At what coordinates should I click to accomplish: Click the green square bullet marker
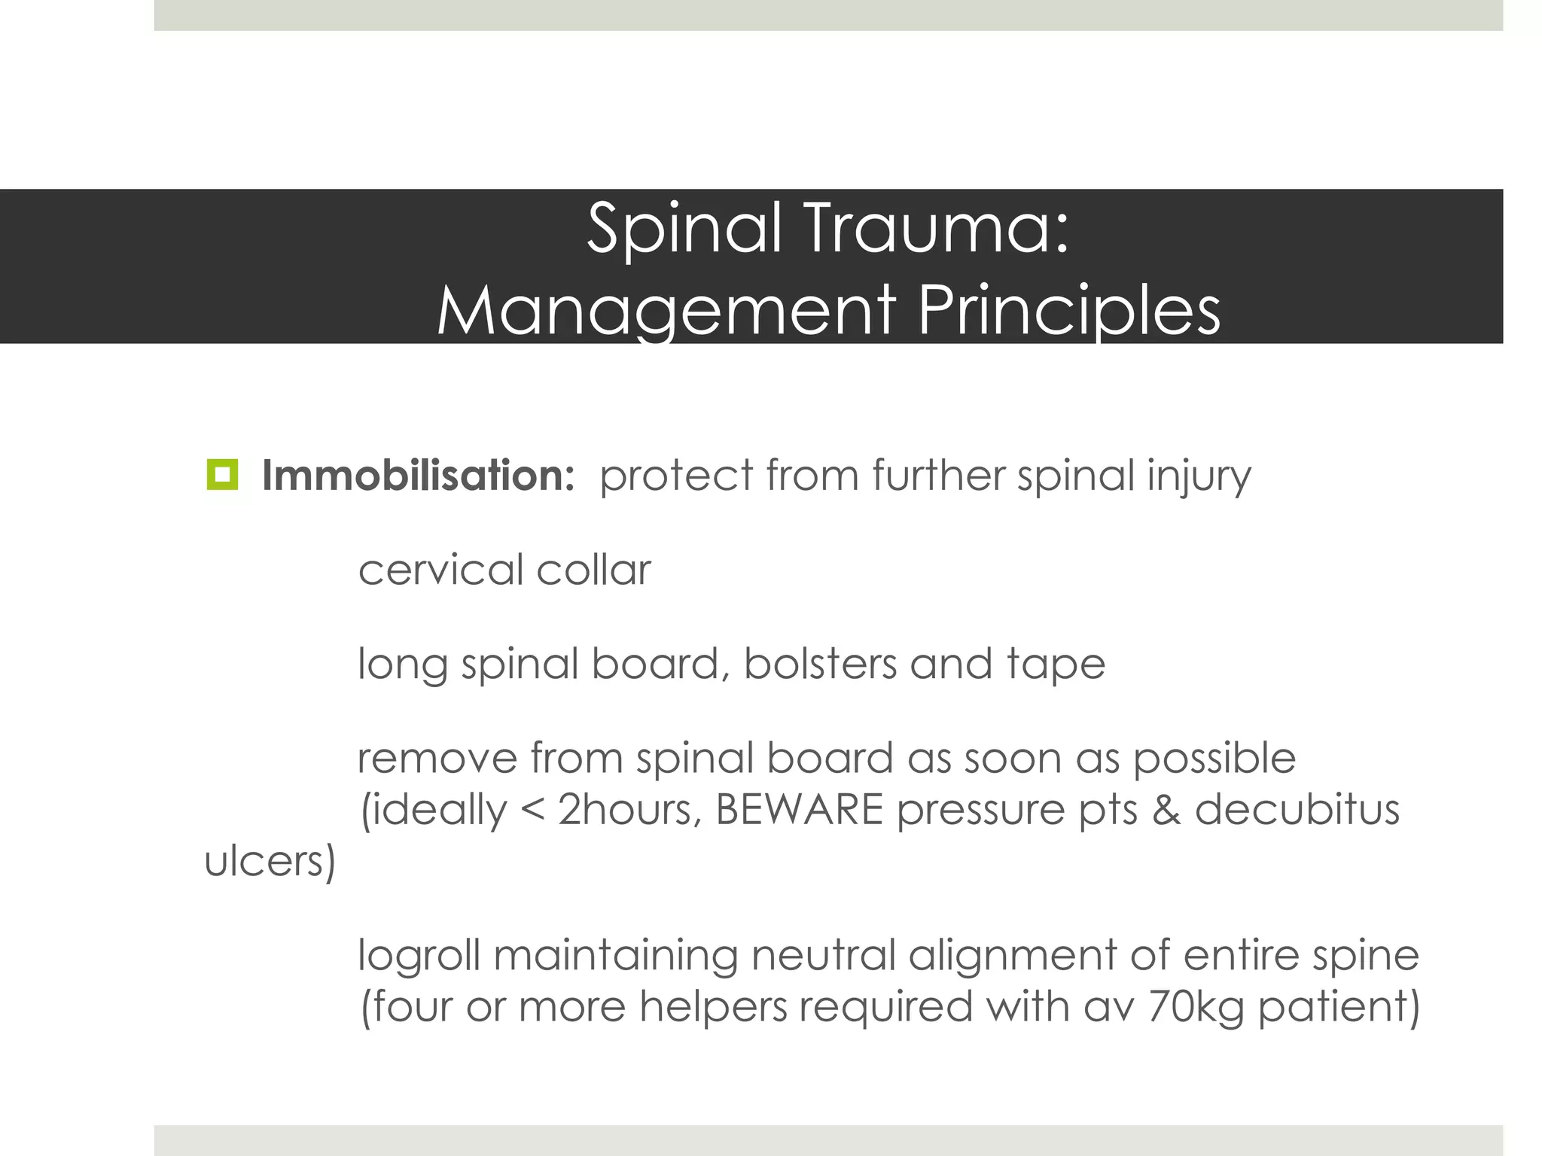click(x=221, y=475)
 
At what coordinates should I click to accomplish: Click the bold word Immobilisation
click(x=418, y=476)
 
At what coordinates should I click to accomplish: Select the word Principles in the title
click(x=1068, y=310)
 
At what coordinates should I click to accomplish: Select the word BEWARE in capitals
click(x=799, y=811)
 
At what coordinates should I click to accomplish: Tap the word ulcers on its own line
click(x=270, y=861)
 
